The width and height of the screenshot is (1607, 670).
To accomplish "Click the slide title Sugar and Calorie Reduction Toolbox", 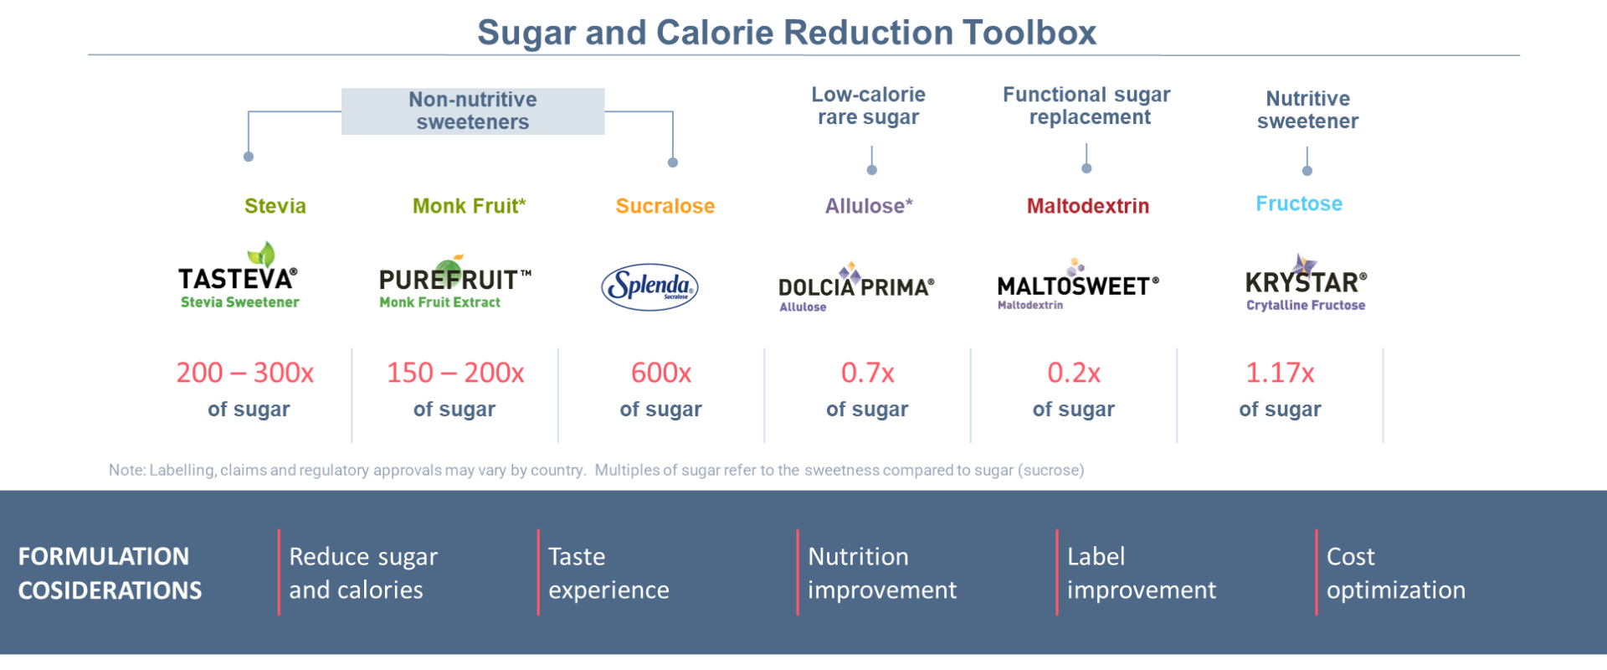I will click(787, 33).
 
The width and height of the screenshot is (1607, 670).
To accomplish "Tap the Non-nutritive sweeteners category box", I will click(473, 111).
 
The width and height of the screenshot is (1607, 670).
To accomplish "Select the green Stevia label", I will click(275, 206).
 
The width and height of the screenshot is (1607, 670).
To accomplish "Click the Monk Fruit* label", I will click(469, 206).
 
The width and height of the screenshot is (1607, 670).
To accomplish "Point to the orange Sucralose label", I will click(665, 206).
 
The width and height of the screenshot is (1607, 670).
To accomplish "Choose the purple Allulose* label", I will click(869, 206).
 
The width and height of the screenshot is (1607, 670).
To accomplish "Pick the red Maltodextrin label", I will click(1088, 206).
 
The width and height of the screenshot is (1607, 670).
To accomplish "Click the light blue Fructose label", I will click(1299, 204).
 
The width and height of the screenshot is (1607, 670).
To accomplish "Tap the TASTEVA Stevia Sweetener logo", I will click(239, 278).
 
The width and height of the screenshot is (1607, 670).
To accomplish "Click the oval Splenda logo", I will click(650, 287).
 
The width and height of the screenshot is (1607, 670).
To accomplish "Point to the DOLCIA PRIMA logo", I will click(855, 287).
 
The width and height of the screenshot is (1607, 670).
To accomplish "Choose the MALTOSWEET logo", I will click(1077, 286).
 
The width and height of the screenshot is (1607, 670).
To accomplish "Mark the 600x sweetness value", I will click(661, 373).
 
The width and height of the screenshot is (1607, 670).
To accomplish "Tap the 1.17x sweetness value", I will click(1280, 373).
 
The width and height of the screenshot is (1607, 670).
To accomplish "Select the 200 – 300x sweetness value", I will click(245, 373).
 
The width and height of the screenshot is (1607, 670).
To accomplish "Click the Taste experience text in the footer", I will click(608, 573).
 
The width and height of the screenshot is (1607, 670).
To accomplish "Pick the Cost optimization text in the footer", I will click(1395, 573).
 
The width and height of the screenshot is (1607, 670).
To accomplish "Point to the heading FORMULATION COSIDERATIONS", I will click(110, 574).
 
